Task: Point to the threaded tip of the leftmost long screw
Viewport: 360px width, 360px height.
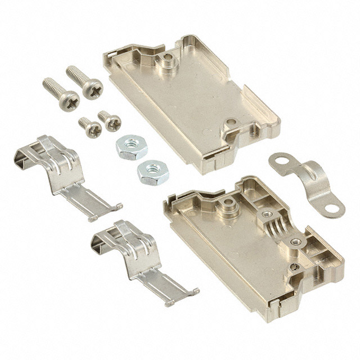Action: [47, 84]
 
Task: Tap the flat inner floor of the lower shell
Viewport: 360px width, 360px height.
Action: [225, 247]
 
